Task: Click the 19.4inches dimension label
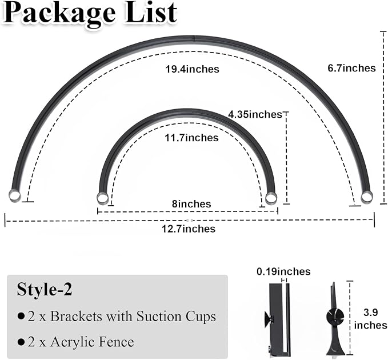192,69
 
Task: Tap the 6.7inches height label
351,68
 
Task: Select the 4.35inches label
255,114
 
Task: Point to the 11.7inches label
192,138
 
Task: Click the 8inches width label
191,204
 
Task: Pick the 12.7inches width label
189,229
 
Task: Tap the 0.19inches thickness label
283,271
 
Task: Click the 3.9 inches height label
370,319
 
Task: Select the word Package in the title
60,14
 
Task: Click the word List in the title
151,13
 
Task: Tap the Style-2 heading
45,290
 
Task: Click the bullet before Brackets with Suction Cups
21,316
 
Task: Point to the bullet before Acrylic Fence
21,342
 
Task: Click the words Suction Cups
177,317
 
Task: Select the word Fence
117,342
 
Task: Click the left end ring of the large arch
15,195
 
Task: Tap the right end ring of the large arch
367,197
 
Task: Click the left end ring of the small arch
102,198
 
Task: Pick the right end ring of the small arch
271,198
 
